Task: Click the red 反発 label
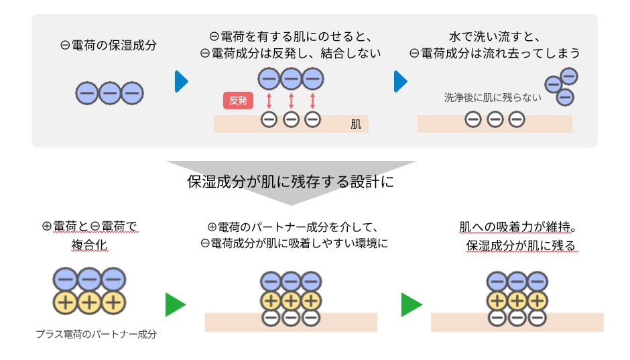[238, 101]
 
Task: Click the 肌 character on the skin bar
[356, 125]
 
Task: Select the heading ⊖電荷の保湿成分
[109, 46]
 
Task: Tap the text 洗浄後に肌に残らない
[493, 97]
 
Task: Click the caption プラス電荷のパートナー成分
[96, 334]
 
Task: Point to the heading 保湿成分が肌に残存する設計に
[290, 182]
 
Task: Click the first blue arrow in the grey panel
[181, 81]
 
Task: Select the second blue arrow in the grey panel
[400, 81]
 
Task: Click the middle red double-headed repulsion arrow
[291, 101]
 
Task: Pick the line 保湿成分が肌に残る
[521, 246]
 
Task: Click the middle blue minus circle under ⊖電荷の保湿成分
[109, 93]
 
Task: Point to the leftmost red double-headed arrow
[269, 101]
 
